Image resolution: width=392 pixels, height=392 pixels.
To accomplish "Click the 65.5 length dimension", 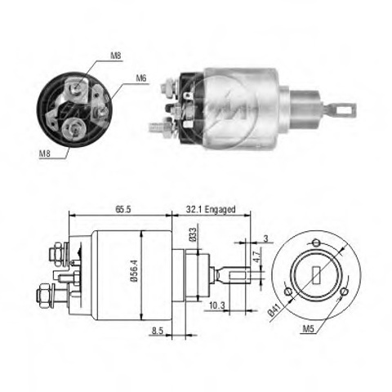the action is click(x=123, y=209).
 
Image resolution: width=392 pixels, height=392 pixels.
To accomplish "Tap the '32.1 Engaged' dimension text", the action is click(x=211, y=209).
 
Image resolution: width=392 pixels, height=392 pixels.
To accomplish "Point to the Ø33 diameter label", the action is click(x=193, y=234).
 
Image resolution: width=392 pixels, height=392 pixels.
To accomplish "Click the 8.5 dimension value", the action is click(x=157, y=331).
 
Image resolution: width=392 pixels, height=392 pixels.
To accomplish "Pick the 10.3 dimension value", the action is click(x=217, y=305).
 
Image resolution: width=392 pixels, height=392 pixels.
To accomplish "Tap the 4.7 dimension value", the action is click(x=256, y=256).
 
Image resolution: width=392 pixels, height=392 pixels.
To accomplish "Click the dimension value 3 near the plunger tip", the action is click(x=265, y=238).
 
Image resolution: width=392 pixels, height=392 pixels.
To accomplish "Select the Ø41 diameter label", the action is click(x=274, y=310).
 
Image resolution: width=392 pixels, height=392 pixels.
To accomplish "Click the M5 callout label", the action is click(x=309, y=329).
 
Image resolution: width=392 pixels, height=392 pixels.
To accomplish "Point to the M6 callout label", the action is click(x=141, y=78).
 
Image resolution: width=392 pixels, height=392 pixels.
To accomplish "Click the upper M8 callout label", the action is click(x=115, y=56).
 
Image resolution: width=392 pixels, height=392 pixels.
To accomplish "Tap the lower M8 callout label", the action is click(x=45, y=154).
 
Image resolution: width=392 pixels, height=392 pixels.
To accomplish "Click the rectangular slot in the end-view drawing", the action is click(x=316, y=275).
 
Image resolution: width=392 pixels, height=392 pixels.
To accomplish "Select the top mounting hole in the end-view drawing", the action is click(x=316, y=243).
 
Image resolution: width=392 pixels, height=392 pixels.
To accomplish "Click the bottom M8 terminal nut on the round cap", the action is click(x=73, y=129).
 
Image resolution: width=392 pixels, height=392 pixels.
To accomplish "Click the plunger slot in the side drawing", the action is click(x=239, y=274).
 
